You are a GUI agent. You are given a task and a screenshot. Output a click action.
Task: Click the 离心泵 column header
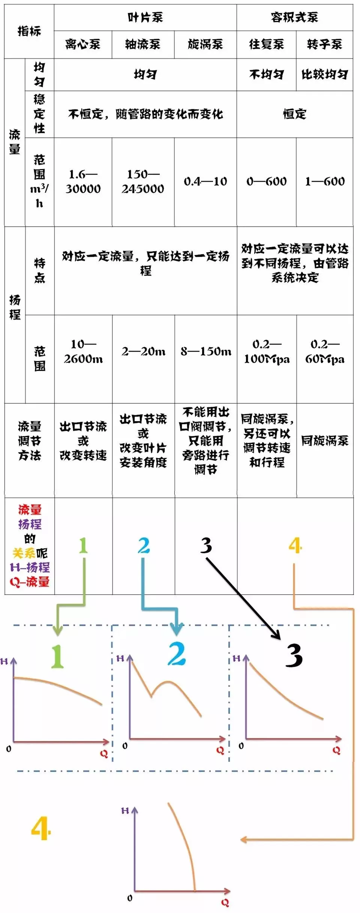(82, 44)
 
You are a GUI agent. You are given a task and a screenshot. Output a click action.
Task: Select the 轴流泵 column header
(142, 44)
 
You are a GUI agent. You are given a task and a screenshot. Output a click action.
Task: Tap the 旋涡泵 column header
(205, 44)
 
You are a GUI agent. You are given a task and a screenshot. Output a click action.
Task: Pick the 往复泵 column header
(266, 44)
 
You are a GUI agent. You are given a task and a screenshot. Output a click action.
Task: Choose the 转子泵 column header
(324, 44)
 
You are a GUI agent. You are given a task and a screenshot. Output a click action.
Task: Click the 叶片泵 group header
(145, 17)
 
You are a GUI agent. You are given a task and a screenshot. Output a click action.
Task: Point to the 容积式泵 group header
(294, 17)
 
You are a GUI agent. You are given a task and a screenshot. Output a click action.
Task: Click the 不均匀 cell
(266, 75)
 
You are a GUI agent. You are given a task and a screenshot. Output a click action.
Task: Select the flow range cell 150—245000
(143, 181)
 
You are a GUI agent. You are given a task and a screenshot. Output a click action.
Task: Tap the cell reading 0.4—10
(205, 182)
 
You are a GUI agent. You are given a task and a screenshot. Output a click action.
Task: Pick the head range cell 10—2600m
(83, 351)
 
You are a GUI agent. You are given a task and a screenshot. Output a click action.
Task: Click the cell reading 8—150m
(206, 351)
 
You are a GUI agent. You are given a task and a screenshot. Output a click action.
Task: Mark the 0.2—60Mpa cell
(325, 351)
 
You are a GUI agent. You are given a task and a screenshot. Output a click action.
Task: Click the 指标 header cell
(29, 31)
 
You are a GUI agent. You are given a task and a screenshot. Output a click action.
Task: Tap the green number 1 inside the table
(83, 545)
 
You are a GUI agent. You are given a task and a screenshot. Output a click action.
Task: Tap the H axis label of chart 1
(4, 661)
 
